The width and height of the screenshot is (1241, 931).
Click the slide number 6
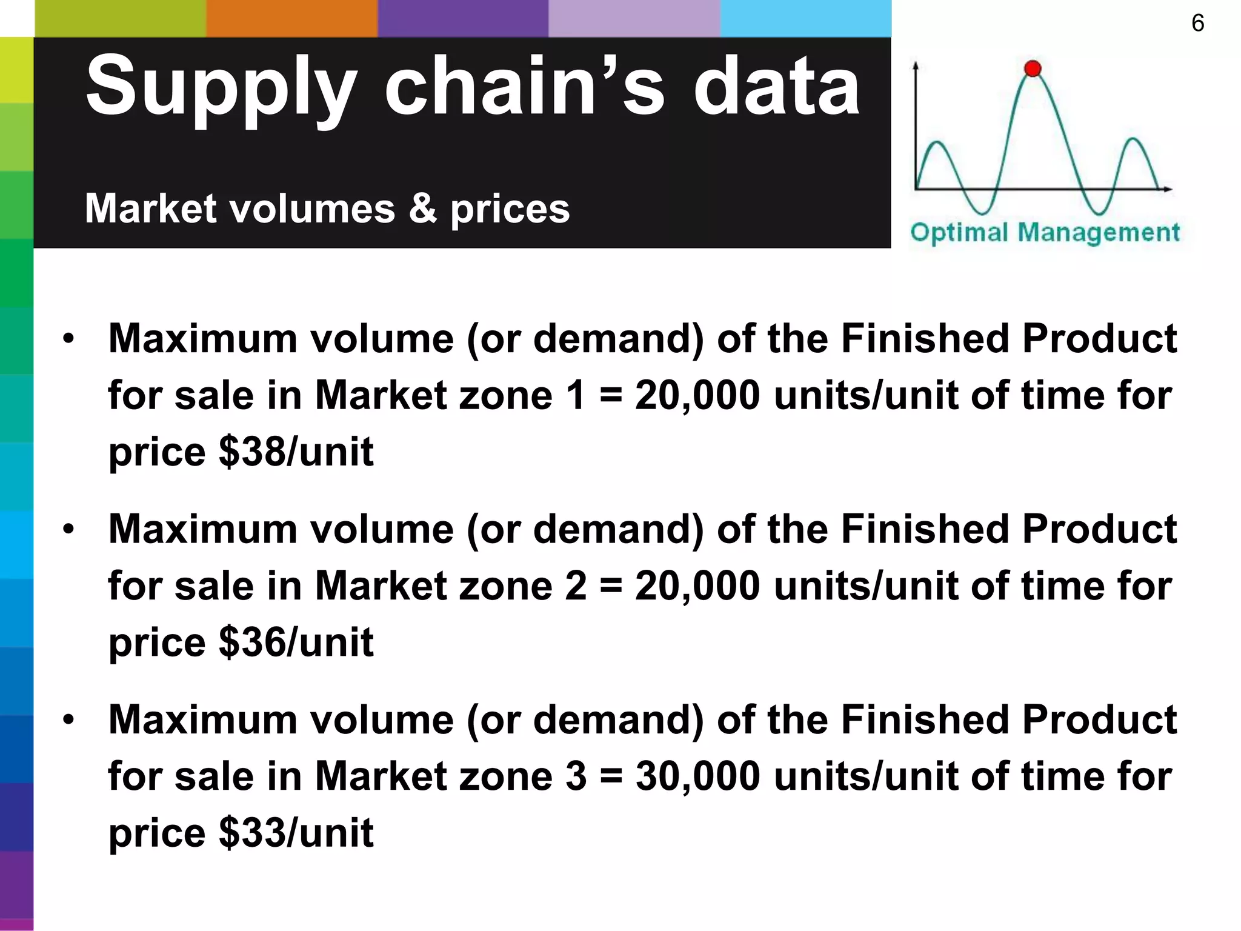coord(1197,24)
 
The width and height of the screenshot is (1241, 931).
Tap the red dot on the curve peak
coord(1033,68)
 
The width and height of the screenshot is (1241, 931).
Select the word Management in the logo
coord(1099,233)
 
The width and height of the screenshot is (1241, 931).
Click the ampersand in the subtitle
coord(422,208)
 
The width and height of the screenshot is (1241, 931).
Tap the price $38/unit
coord(296,452)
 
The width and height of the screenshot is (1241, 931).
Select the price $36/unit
coord(296,642)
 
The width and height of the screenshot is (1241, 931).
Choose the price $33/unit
coord(296,833)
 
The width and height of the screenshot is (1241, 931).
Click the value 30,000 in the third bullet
coord(697,776)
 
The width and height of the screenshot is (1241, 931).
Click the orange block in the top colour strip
coord(291,18)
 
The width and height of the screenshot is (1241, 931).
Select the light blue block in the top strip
coord(805,18)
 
